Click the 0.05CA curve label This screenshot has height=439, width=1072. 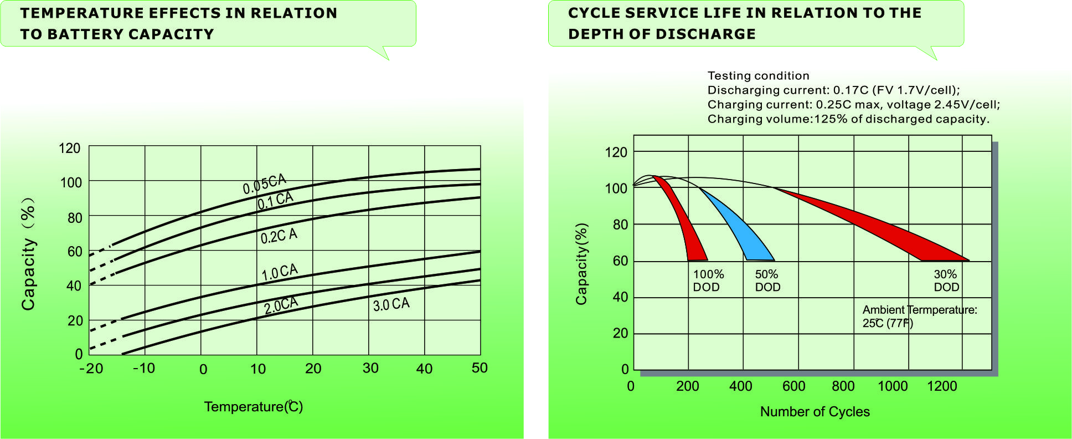[264, 184]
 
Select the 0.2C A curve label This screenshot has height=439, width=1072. [279, 236]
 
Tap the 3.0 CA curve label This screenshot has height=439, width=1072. [391, 304]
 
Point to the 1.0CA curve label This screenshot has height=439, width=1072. [280, 272]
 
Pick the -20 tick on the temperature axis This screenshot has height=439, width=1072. [91, 369]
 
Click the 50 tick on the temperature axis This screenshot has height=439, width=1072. [480, 368]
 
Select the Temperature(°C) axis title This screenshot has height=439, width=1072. [253, 407]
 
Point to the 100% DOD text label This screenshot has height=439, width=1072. [708, 280]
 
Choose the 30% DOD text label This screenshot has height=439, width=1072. [946, 280]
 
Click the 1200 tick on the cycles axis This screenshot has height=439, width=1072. [942, 386]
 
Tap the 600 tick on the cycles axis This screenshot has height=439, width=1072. [793, 386]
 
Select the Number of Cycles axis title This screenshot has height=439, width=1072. [815, 412]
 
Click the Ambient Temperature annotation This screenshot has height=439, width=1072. [919, 317]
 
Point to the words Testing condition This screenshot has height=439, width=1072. [758, 76]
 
